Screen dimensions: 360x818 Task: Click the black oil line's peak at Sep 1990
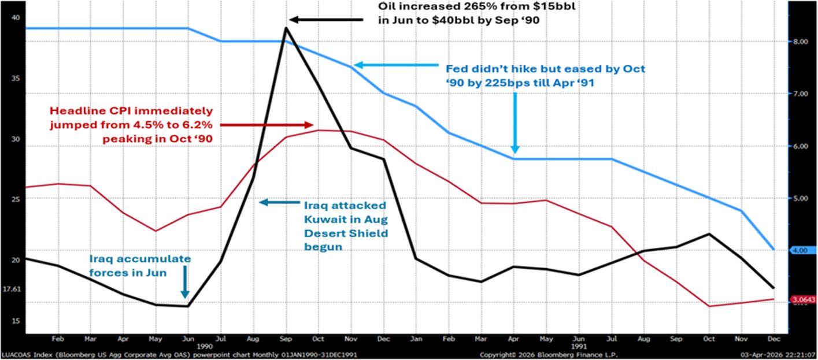pyautogui.click(x=286, y=28)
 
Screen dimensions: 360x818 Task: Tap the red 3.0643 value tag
pyautogui.click(x=803, y=299)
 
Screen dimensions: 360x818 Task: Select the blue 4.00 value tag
pyautogui.click(x=801, y=250)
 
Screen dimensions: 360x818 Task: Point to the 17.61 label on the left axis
pyautogui.click(x=11, y=289)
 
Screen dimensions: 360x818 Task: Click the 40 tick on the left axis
pyautogui.click(x=16, y=17)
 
